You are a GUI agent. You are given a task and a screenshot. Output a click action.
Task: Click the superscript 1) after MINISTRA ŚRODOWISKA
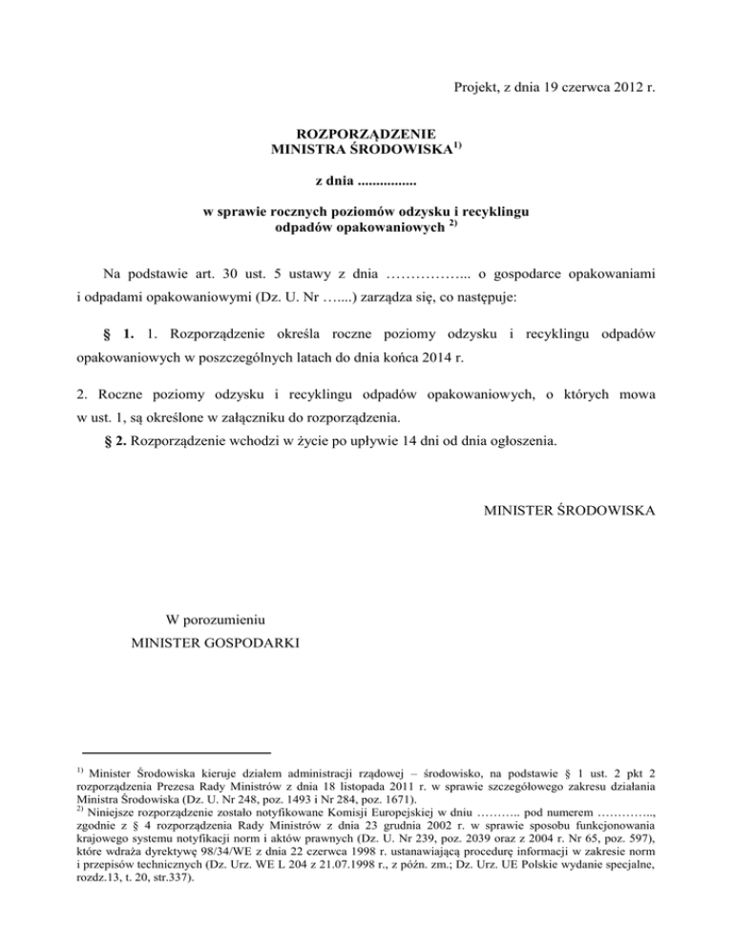(457, 145)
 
